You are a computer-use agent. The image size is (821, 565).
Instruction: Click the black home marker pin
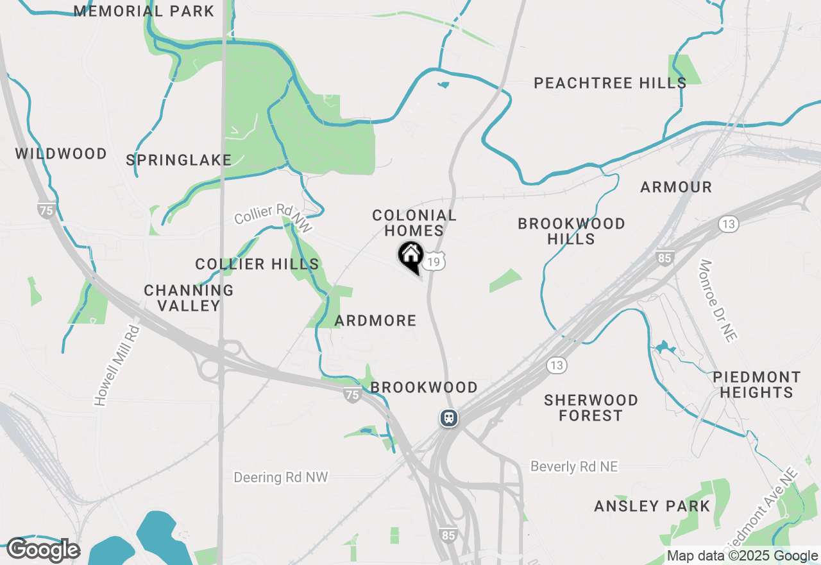(x=410, y=256)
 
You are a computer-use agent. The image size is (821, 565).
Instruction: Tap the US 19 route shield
(x=434, y=261)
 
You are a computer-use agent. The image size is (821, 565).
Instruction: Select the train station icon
(x=449, y=418)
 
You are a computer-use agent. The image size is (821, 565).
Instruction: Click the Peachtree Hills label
(x=610, y=83)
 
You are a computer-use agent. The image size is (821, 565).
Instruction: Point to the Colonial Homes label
(x=414, y=223)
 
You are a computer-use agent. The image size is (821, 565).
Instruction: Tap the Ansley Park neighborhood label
(x=652, y=506)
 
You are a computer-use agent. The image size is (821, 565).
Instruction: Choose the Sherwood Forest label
(x=591, y=408)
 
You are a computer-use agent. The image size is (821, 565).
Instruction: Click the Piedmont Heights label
(x=757, y=385)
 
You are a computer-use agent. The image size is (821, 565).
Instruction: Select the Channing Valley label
(x=189, y=298)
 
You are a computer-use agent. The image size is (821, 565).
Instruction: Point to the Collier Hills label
(x=257, y=264)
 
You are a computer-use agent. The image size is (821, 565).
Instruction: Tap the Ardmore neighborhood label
(x=376, y=320)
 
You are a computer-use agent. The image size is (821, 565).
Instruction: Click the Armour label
(x=676, y=187)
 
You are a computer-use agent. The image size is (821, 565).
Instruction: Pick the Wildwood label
(x=61, y=153)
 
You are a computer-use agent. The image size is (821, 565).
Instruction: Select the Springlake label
(x=178, y=160)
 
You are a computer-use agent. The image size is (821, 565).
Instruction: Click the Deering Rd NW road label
(x=281, y=477)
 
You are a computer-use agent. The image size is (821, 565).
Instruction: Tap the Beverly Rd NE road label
(x=574, y=467)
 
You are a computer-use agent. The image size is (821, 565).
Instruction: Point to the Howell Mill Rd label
(x=117, y=365)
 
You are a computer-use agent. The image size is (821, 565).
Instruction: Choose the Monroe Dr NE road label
(x=718, y=301)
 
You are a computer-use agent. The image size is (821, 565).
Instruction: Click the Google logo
(x=43, y=550)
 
